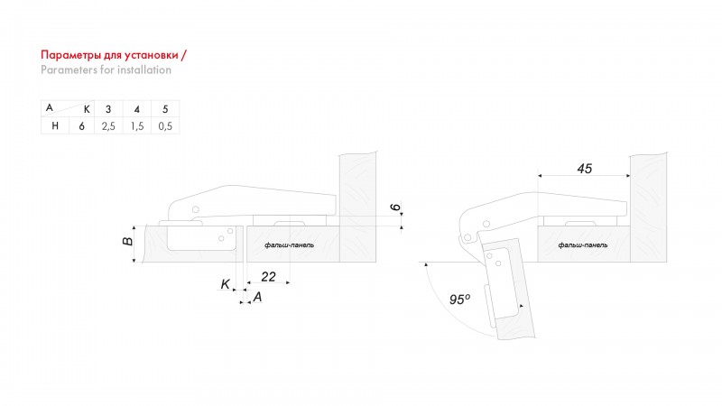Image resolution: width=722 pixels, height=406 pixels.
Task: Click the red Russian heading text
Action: (x=114, y=55)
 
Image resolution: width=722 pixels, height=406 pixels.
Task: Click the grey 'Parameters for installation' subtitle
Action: (x=106, y=70)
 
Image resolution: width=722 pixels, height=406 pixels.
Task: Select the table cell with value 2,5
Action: (x=108, y=126)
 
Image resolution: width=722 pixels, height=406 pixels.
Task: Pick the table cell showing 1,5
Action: (x=137, y=126)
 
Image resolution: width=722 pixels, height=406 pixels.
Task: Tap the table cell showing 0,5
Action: (x=165, y=126)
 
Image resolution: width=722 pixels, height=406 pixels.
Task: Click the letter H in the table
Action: (x=55, y=125)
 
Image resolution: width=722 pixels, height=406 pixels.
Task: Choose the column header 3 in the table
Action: (x=108, y=109)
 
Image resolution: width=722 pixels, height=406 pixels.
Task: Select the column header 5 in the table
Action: (x=165, y=109)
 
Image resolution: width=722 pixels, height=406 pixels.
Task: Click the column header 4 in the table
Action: (x=137, y=109)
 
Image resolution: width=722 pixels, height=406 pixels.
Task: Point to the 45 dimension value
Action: (x=584, y=169)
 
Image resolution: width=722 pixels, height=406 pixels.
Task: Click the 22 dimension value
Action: (x=268, y=277)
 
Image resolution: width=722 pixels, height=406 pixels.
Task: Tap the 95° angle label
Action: (x=459, y=300)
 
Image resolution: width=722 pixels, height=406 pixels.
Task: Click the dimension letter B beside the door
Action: (x=127, y=241)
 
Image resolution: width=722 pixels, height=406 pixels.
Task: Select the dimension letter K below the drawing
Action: (x=225, y=284)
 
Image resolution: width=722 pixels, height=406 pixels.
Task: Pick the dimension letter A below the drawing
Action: (x=257, y=298)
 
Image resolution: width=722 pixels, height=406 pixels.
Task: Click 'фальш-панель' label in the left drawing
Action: (x=289, y=245)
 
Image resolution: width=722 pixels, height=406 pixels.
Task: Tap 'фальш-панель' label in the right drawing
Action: (x=582, y=245)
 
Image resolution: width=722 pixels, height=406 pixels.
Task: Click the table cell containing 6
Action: (x=81, y=126)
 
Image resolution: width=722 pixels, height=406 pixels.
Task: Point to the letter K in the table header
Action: (x=87, y=109)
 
